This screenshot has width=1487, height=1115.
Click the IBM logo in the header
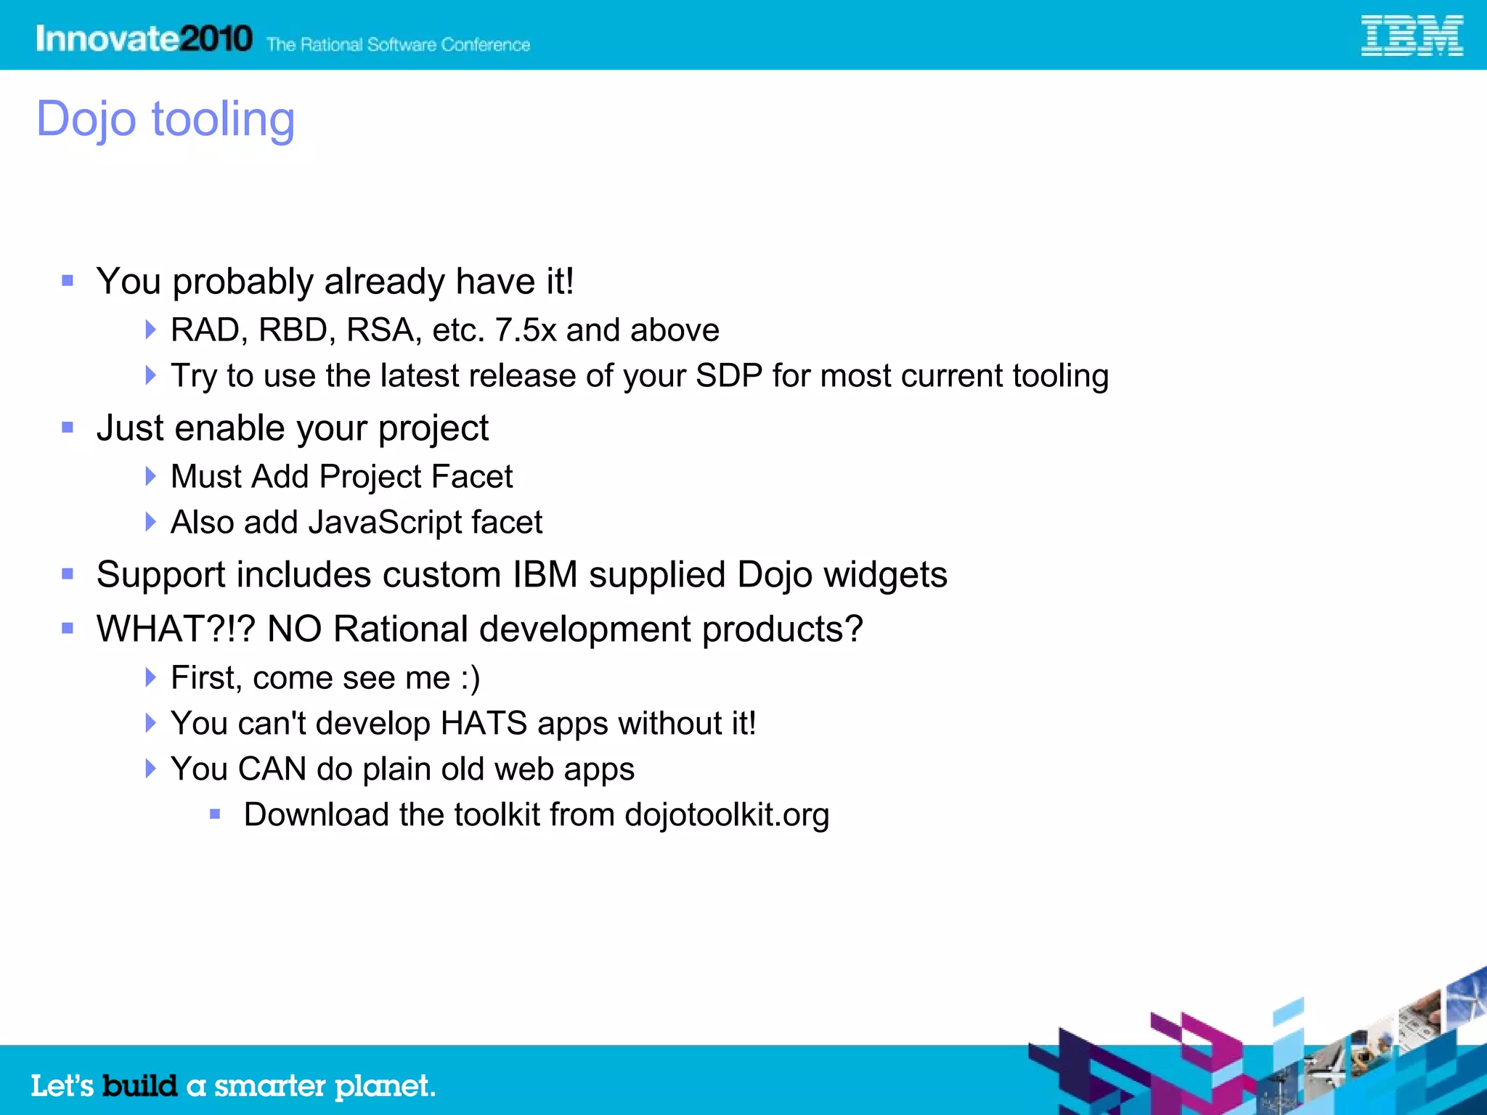(x=1411, y=36)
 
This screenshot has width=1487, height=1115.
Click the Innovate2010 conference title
(x=144, y=38)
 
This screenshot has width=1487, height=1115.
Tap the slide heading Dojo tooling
(x=166, y=119)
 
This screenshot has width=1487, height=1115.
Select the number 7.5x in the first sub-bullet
(x=525, y=330)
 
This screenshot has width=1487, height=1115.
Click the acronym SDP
(x=728, y=376)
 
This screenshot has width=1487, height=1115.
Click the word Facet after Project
(x=471, y=477)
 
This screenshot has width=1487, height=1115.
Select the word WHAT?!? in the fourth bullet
(x=176, y=629)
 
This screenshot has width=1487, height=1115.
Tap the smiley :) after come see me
(x=470, y=678)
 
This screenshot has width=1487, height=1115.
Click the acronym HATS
(x=484, y=724)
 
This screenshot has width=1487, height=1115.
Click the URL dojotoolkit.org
(x=726, y=815)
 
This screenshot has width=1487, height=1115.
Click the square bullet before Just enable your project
(x=68, y=428)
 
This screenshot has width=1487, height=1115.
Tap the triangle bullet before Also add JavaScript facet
(x=150, y=522)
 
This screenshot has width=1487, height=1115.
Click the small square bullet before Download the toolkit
(x=215, y=814)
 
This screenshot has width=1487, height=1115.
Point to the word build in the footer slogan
(x=139, y=1086)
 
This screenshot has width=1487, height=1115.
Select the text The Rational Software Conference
(x=398, y=45)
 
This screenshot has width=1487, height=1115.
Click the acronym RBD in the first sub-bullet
(x=293, y=330)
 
